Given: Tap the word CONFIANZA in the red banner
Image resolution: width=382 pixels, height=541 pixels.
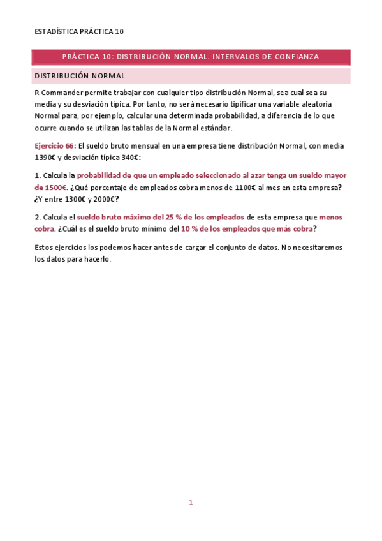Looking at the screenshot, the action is tap(294, 57).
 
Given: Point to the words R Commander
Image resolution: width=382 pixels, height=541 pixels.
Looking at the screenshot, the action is tap(59, 93).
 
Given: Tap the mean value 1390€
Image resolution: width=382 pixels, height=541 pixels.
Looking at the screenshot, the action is tap(46, 157).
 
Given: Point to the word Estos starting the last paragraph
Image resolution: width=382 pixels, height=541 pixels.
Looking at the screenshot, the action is tap(45, 248).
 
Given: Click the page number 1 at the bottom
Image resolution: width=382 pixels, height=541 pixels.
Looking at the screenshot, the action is tap(190, 503).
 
